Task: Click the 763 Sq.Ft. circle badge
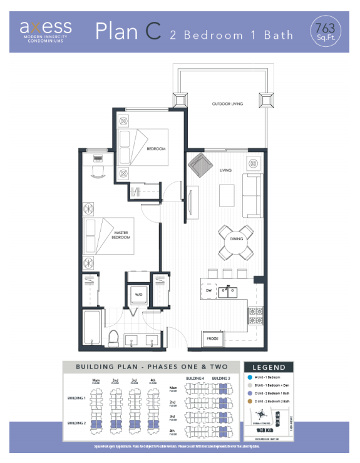(326, 29)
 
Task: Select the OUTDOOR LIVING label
(227, 104)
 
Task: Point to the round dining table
(236, 242)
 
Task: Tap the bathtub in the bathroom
(91, 328)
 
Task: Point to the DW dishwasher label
(208, 290)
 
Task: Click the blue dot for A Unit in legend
(250, 378)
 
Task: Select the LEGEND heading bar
(269, 367)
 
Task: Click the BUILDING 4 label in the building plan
(194, 379)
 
